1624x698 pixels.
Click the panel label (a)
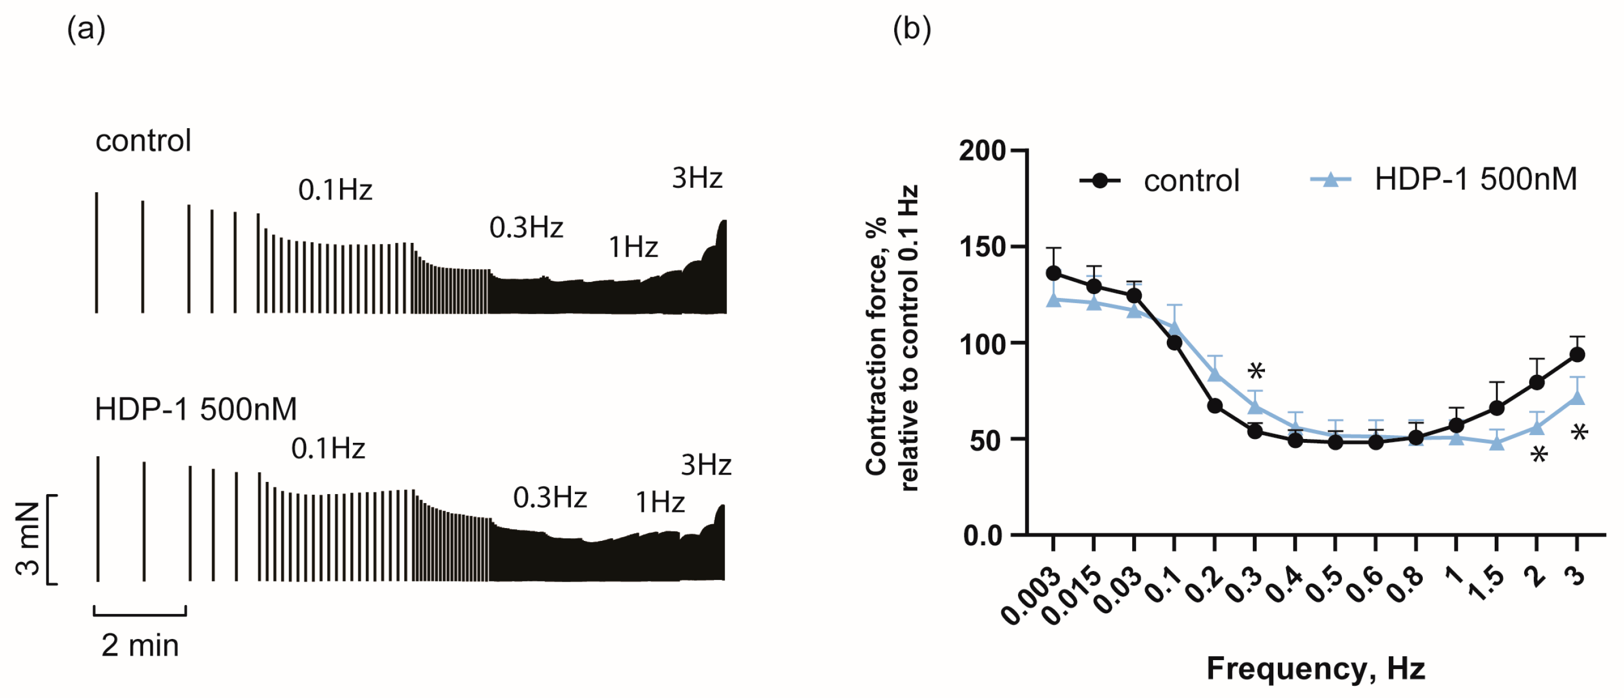point(86,30)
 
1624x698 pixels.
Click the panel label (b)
point(911,30)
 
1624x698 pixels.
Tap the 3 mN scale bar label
point(28,539)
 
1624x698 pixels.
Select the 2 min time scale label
point(140,646)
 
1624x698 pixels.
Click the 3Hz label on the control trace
point(697,178)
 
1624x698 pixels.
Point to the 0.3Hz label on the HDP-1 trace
point(550,497)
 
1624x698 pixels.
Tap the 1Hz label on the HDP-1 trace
point(660,502)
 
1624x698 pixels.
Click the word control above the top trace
point(143,140)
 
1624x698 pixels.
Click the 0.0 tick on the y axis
point(983,535)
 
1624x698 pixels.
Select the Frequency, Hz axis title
point(1315,668)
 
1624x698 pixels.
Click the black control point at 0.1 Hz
point(1174,343)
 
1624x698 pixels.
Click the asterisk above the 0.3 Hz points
point(1256,371)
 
